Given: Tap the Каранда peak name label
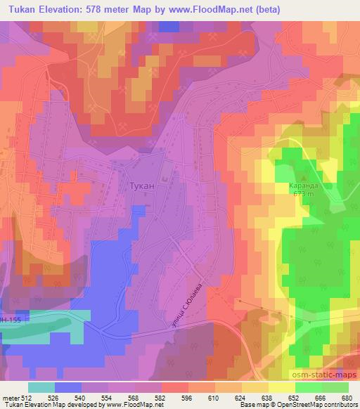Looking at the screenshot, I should pyautogui.click(x=303, y=186).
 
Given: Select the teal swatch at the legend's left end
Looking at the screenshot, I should pyautogui.click(x=41, y=387).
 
